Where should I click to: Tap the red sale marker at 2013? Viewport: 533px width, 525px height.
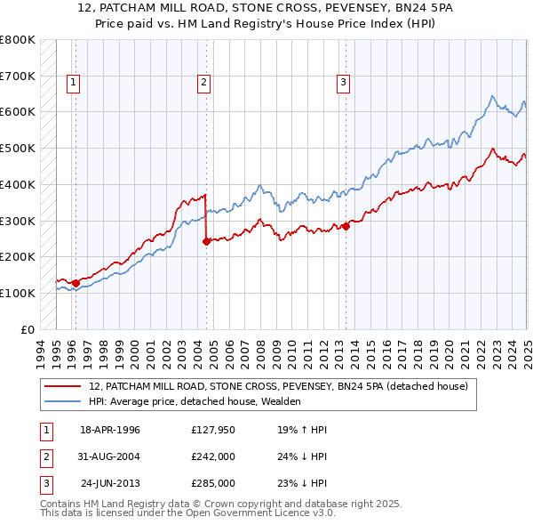click(x=346, y=226)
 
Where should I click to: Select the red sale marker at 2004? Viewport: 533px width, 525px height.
click(x=206, y=240)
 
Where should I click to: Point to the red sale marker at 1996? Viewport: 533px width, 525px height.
click(x=76, y=283)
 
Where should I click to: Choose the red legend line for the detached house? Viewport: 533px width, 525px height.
click(x=62, y=386)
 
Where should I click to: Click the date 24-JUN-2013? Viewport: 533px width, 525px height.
click(x=110, y=483)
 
